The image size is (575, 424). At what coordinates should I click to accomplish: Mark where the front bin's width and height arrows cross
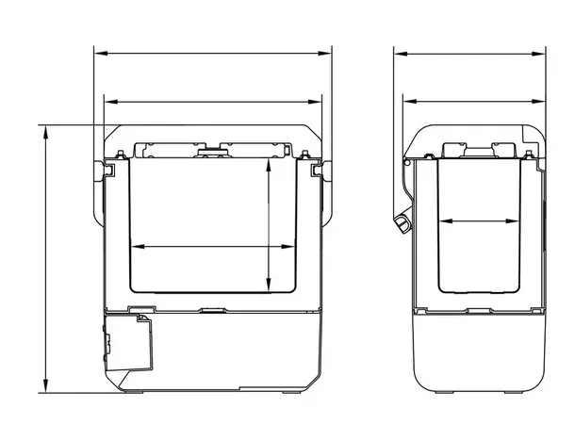click(x=270, y=246)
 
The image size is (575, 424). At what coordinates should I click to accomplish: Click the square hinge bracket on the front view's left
click(x=108, y=169)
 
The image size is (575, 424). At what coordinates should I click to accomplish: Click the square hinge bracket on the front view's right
click(x=317, y=169)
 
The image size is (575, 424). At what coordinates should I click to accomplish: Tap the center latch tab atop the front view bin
click(x=213, y=148)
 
